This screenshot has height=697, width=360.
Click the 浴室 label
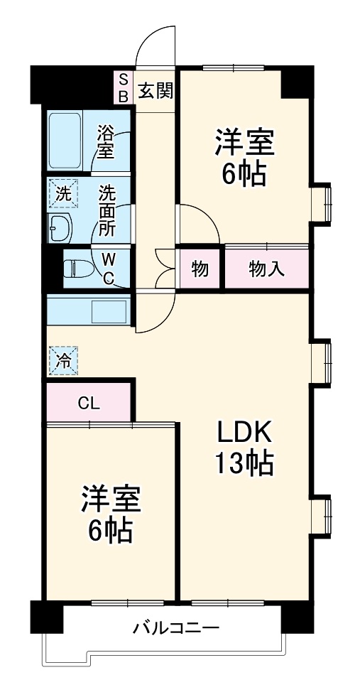pos(106,141)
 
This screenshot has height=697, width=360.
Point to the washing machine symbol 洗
pos(62,193)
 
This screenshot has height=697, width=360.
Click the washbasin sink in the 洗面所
pos(61,228)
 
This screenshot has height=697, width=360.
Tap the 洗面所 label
pos(107,211)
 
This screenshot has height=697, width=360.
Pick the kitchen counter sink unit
pos(87,311)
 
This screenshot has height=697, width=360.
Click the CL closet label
pos(89,404)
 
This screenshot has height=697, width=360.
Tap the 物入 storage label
pos(267,269)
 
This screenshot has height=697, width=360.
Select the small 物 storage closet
pos(200,269)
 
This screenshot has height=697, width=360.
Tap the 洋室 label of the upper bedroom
pos(244,143)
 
